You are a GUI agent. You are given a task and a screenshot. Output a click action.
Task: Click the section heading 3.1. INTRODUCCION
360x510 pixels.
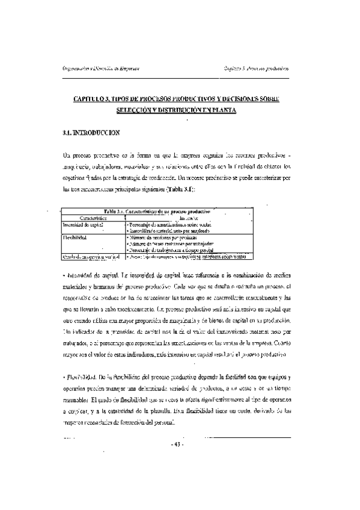click(x=91, y=132)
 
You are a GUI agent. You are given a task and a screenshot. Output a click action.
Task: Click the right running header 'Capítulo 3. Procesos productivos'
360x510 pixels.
click(x=256, y=67)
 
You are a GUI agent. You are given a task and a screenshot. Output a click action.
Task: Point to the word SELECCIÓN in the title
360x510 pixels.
click(x=132, y=110)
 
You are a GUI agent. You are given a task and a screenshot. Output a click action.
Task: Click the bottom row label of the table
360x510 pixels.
click(x=90, y=256)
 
